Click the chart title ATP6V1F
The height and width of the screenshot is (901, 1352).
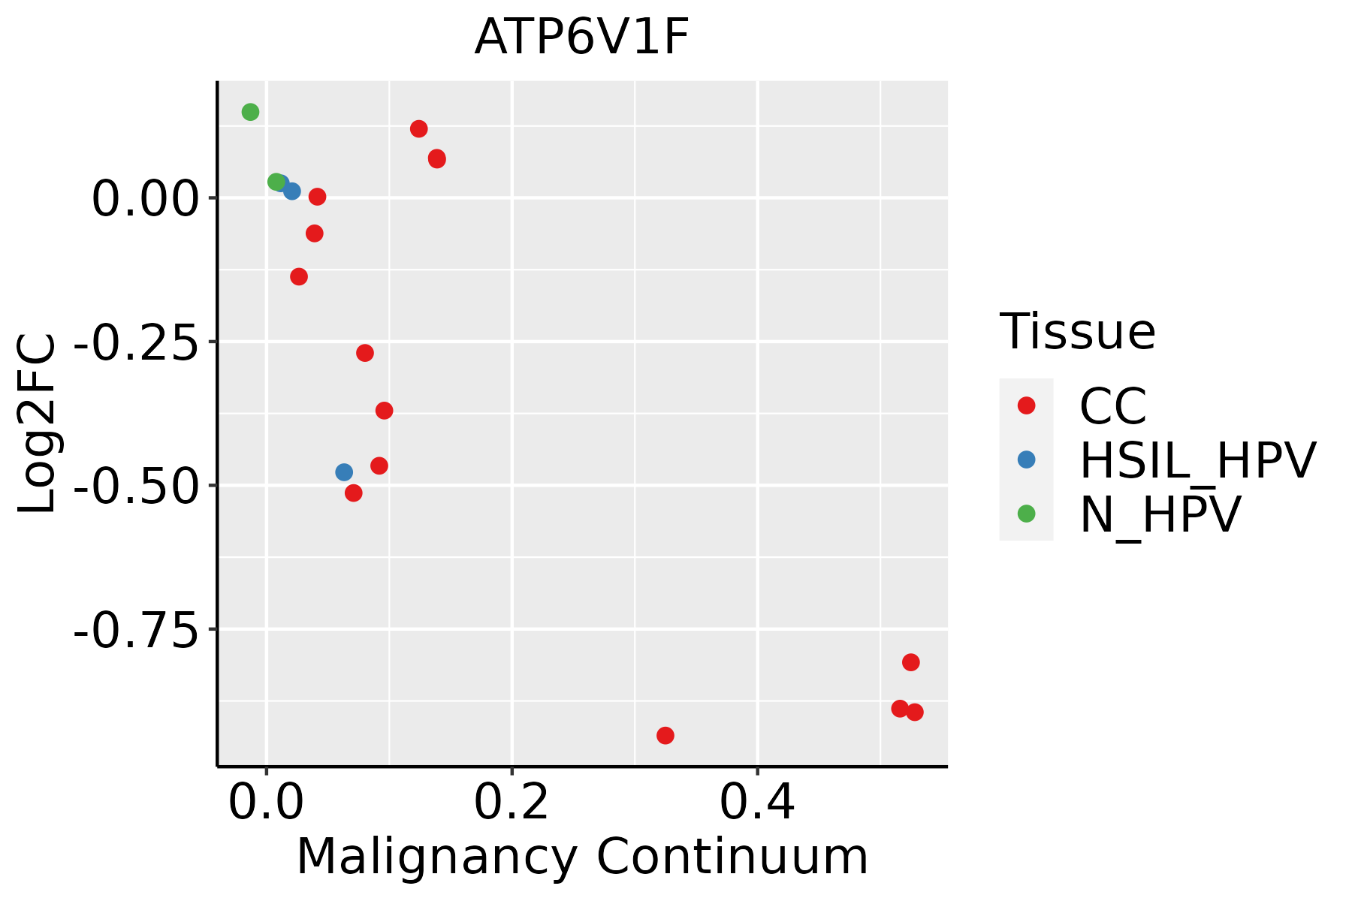click(581, 38)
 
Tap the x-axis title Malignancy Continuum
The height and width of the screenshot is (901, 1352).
click(582, 857)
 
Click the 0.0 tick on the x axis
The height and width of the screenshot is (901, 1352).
click(266, 803)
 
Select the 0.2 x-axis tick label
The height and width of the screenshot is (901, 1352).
click(512, 803)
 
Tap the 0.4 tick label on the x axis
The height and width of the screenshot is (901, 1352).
click(757, 803)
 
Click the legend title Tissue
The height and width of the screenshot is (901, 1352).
click(1077, 331)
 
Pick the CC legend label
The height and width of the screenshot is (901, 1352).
click(1113, 406)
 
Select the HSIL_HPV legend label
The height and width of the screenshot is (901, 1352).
click(1198, 460)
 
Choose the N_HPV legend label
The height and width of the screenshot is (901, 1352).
click(1160, 514)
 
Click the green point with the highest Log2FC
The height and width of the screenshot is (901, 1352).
click(250, 112)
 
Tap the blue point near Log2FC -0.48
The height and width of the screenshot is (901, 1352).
click(344, 472)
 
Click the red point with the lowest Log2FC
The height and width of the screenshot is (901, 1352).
click(665, 735)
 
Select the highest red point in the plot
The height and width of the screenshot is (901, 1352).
click(419, 129)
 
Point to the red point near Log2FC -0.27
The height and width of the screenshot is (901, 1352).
click(365, 353)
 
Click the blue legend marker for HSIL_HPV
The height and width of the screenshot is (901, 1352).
click(1026, 460)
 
